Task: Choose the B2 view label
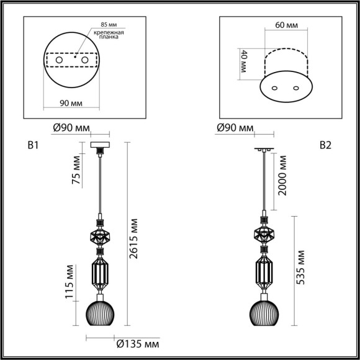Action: click(325, 146)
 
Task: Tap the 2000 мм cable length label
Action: click(284, 176)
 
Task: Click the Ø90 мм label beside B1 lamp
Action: click(69, 128)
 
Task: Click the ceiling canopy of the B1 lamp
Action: click(99, 146)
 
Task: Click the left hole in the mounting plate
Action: click(60, 60)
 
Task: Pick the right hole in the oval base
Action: click(295, 88)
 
